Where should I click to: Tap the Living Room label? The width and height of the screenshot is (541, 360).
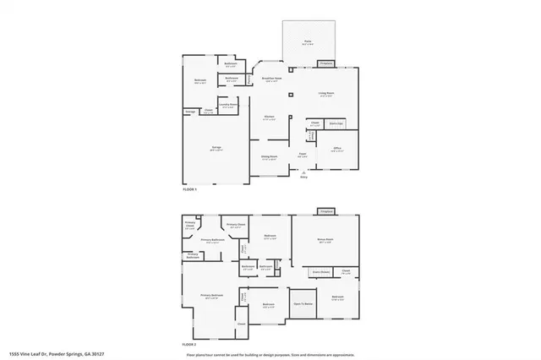coord(325,95)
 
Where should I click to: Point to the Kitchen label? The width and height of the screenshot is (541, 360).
coord(268,117)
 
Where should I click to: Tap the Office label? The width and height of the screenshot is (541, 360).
coord(336,149)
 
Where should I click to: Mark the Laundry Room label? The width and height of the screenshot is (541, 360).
coord(227,106)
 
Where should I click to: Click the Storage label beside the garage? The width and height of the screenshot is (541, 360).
coord(191,111)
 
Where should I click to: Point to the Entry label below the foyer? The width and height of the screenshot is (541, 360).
coord(303,177)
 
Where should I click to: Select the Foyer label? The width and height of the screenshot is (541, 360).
coord(302,154)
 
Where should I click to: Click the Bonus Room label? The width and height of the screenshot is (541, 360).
coord(325,241)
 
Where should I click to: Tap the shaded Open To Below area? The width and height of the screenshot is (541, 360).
coord(303,303)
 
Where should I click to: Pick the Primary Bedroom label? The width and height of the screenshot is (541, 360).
coord(211,296)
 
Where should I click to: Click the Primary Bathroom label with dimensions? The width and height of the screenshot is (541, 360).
coord(211,241)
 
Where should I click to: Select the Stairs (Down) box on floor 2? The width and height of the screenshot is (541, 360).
coord(321,272)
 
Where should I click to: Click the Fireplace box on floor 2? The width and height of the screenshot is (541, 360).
coord(326,210)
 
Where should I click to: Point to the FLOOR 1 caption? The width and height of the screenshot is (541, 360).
coord(189,190)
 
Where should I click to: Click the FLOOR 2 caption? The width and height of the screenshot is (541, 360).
coord(189,346)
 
